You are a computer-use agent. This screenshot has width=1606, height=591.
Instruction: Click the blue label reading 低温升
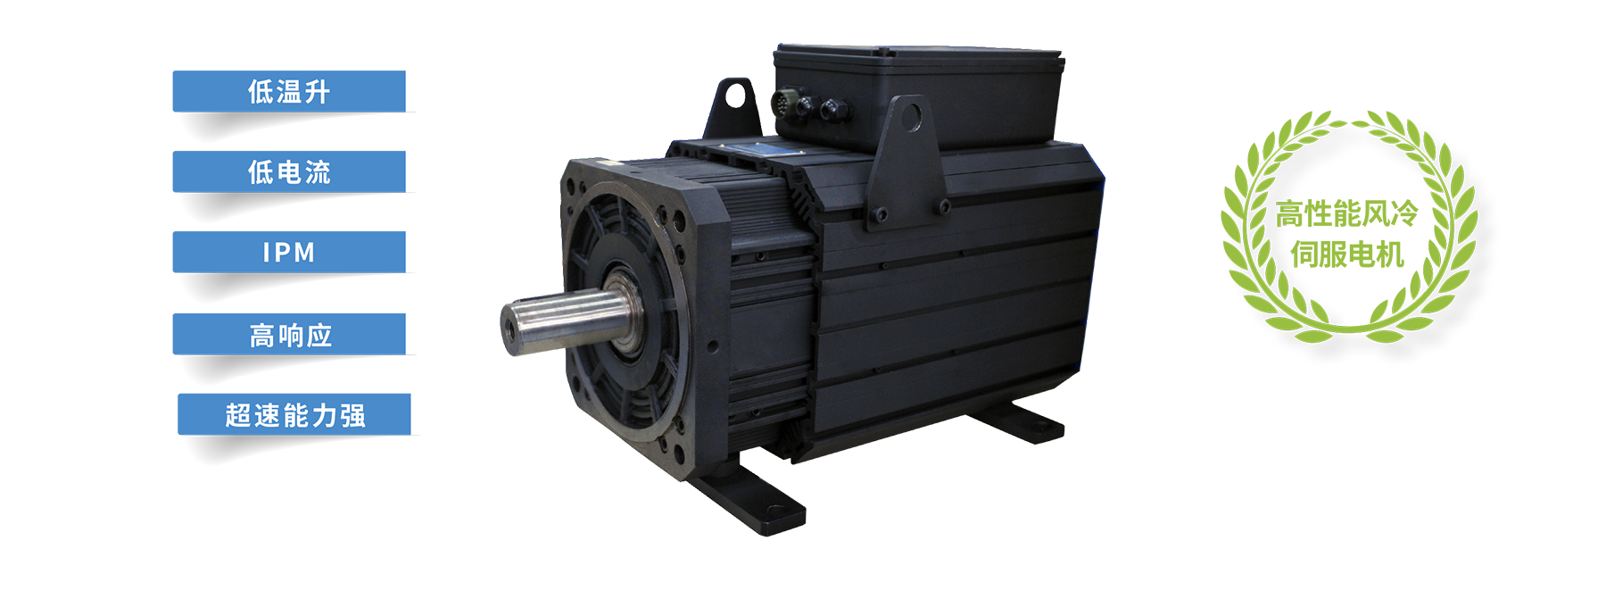click(289, 91)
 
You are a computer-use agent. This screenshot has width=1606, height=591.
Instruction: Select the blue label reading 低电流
click(289, 171)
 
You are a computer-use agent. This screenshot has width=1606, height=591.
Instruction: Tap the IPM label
click(289, 252)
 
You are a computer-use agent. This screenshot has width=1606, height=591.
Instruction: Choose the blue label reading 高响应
click(289, 334)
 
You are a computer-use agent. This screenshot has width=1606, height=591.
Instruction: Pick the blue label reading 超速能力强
click(294, 414)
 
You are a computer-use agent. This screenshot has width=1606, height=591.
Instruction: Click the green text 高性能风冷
click(1346, 214)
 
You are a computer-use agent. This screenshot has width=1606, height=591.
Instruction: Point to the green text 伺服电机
click(1347, 255)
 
